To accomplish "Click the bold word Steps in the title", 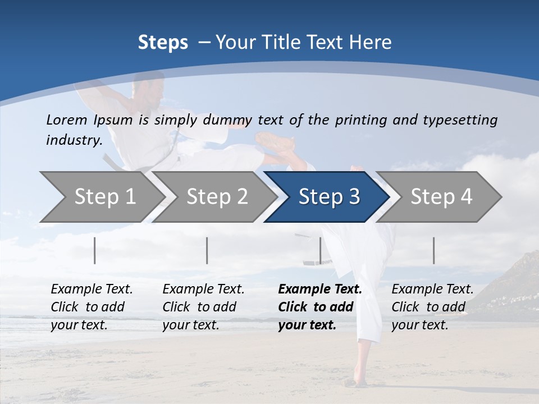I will [163, 43].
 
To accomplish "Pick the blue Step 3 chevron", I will [328, 197].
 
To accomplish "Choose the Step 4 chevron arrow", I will [441, 197].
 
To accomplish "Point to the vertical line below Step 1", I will [95, 250].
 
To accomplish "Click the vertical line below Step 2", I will [207, 250].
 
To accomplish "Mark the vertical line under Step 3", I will [320, 250].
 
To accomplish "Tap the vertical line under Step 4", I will [433, 250].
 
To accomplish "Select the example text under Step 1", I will [92, 306].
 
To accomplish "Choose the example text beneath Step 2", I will [203, 306].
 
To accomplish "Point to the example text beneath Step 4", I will [432, 306].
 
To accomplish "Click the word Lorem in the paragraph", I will [67, 120].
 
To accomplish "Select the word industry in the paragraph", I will [74, 140].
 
